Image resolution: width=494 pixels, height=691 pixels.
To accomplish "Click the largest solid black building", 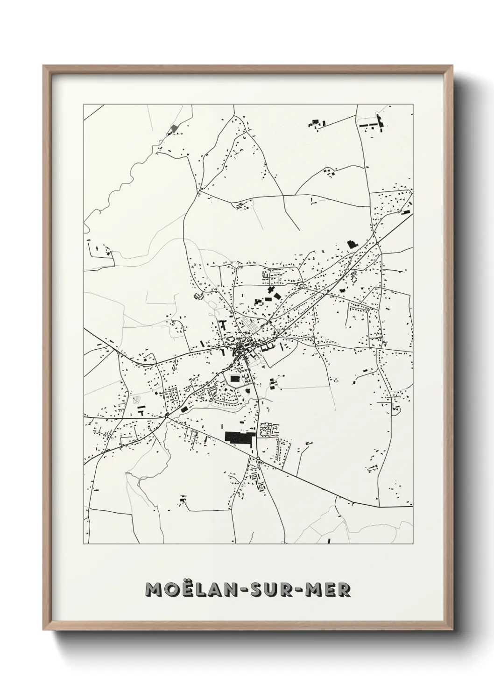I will (x=238, y=437).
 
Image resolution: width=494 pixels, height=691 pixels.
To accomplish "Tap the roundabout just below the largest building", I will (x=257, y=459).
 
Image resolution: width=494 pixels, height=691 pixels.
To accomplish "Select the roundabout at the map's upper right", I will (x=376, y=243).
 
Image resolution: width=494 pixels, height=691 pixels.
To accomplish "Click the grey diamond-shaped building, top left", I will (x=174, y=127).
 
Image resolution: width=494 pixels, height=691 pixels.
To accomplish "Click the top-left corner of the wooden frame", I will (x=45, y=67).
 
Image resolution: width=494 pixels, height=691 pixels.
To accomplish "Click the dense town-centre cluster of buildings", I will (x=240, y=348).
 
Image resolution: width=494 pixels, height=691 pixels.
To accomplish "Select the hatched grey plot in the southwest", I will (x=137, y=400).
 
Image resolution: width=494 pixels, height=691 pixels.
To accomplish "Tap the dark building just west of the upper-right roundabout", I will (x=351, y=244).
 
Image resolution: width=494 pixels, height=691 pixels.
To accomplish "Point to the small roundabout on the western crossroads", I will (x=167, y=415).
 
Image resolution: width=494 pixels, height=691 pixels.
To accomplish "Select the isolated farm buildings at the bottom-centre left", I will (x=183, y=501).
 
